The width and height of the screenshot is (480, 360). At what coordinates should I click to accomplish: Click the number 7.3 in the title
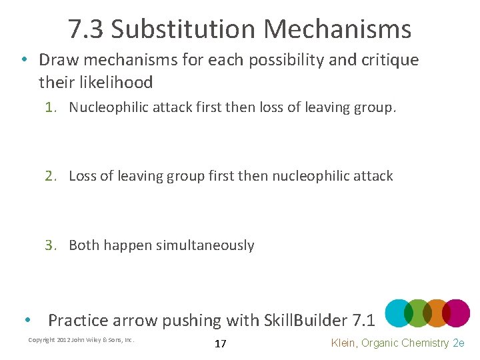point(85,29)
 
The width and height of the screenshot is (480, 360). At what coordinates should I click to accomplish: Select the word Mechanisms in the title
point(337,29)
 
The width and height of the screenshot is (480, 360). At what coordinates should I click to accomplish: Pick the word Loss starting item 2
point(83,176)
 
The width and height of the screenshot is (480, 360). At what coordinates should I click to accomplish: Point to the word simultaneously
point(205,245)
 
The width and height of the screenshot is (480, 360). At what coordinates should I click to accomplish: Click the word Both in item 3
point(84,245)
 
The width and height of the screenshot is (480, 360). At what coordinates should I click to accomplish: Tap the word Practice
point(77,321)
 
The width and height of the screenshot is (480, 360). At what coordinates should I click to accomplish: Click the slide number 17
point(221,344)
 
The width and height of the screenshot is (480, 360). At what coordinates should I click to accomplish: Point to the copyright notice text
point(81,340)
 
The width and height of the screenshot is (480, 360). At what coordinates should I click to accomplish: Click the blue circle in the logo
point(399,313)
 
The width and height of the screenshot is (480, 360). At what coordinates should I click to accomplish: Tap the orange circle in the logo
point(437,313)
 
